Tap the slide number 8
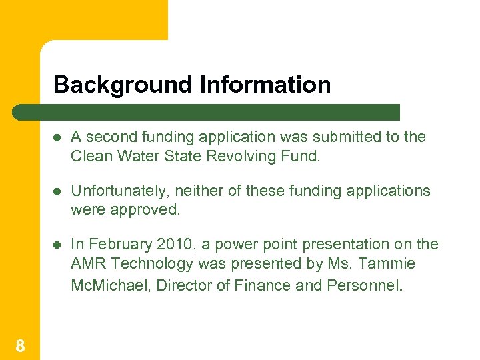click(20, 345)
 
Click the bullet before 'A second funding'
click(58, 137)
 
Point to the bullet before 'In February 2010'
click(58, 245)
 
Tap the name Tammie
click(389, 264)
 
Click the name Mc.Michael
click(103, 285)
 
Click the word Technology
click(147, 264)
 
